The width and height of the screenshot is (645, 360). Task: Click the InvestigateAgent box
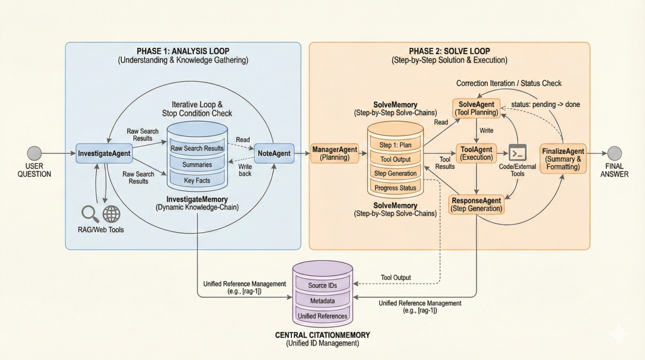[x=104, y=153]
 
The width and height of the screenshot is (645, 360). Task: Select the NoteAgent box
[x=274, y=153]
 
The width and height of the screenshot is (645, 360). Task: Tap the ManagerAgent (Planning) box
[x=335, y=153]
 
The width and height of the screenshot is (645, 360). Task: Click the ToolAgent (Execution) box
[x=476, y=153]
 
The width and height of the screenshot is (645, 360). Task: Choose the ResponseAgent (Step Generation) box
[x=476, y=204]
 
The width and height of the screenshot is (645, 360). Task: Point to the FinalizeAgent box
[x=562, y=158]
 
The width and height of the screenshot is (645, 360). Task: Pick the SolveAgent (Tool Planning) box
[x=476, y=108]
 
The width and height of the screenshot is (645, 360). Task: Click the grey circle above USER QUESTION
[x=35, y=153]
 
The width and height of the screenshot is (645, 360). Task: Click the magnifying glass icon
[x=90, y=213]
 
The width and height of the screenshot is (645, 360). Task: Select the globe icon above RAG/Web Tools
[x=111, y=214]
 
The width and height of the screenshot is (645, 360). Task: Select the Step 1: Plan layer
[x=395, y=145]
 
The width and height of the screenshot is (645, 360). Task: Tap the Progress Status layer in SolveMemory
[x=395, y=188]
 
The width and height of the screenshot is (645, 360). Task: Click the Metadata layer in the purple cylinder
[x=322, y=300]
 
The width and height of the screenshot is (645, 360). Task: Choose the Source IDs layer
[x=322, y=285]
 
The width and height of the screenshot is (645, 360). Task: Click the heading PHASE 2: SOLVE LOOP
[x=449, y=51]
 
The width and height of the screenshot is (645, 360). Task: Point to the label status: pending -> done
[x=545, y=104]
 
